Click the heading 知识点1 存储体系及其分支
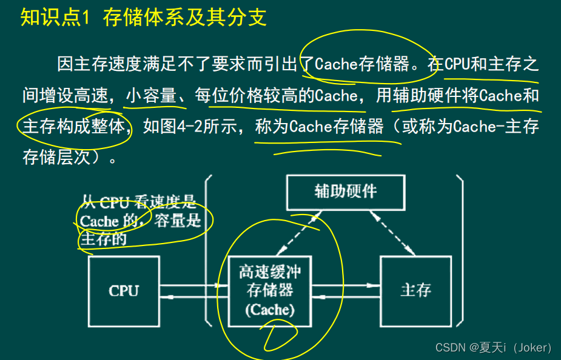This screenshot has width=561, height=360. click(x=143, y=17)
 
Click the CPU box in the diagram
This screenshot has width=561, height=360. click(x=124, y=290)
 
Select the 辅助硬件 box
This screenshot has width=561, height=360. click(x=346, y=192)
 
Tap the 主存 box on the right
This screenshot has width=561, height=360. click(x=416, y=290)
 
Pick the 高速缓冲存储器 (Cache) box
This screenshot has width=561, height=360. click(x=270, y=290)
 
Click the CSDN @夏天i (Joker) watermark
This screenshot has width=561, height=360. click(x=493, y=347)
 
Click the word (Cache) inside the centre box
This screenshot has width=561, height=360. click(x=270, y=310)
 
